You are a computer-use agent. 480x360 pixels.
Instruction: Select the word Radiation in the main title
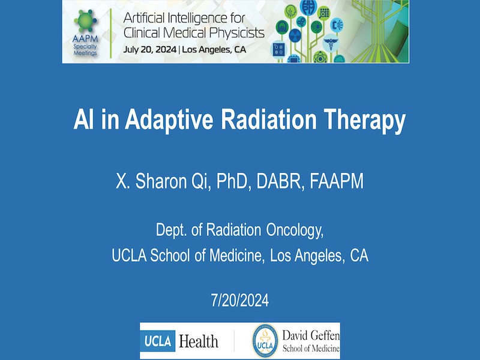click(268, 119)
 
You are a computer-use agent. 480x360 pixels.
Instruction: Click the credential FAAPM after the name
click(337, 181)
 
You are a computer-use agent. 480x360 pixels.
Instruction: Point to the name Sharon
click(161, 181)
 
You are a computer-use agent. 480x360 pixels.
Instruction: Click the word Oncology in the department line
click(295, 230)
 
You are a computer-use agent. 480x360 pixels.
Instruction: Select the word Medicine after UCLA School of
click(237, 256)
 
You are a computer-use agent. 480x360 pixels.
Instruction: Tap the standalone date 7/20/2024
click(239, 301)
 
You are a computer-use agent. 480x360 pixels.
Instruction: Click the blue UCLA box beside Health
click(157, 341)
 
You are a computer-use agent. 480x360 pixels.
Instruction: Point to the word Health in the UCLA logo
click(199, 341)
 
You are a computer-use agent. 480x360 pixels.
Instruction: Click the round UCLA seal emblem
click(265, 341)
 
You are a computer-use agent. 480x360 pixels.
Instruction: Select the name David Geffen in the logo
click(311, 335)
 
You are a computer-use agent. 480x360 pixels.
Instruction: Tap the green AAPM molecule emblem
click(85, 21)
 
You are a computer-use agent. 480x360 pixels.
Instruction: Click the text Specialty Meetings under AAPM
click(85, 50)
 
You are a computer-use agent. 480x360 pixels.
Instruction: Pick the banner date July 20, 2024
click(149, 49)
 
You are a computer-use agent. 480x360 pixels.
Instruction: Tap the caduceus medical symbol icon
click(331, 43)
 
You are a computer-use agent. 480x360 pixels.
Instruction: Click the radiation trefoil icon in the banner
click(295, 35)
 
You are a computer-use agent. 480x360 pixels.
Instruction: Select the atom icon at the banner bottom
click(320, 57)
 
